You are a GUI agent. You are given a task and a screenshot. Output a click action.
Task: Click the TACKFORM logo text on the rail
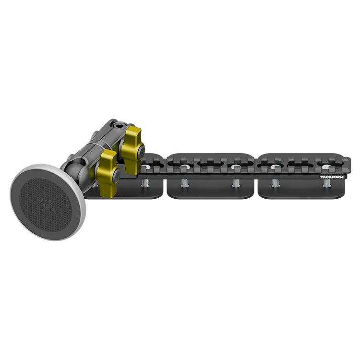332,177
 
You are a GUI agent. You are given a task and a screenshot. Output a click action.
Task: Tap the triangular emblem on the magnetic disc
45,204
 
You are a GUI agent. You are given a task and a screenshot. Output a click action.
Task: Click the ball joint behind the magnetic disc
75,173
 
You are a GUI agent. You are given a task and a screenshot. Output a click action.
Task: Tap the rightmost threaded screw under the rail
326,183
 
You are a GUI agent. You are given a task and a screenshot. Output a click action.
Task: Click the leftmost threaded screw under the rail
144,183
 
